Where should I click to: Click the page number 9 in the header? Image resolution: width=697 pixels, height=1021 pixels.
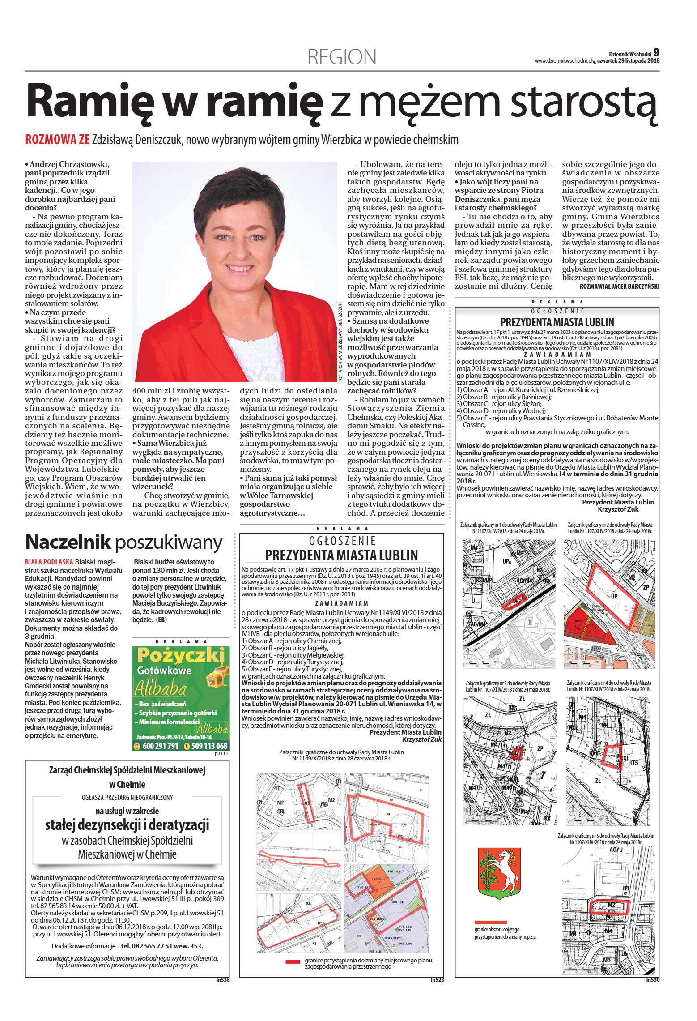click(x=656, y=52)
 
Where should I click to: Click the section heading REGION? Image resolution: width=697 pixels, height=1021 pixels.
click(x=342, y=57)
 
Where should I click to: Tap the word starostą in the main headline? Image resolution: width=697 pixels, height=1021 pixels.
click(x=585, y=101)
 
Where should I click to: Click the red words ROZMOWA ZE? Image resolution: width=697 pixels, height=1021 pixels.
click(x=58, y=140)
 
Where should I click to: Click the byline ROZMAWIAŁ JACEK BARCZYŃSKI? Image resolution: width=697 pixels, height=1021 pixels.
click(x=619, y=286)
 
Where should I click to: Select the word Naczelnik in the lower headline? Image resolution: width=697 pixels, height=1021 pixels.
click(x=68, y=542)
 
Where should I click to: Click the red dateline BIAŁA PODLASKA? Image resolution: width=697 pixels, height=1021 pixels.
click(x=49, y=562)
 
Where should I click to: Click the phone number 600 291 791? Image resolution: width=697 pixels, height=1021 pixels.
click(x=160, y=746)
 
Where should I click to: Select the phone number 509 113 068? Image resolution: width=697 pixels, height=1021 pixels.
click(x=209, y=746)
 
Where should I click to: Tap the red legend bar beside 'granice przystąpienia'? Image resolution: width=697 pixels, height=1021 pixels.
click(x=293, y=961)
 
